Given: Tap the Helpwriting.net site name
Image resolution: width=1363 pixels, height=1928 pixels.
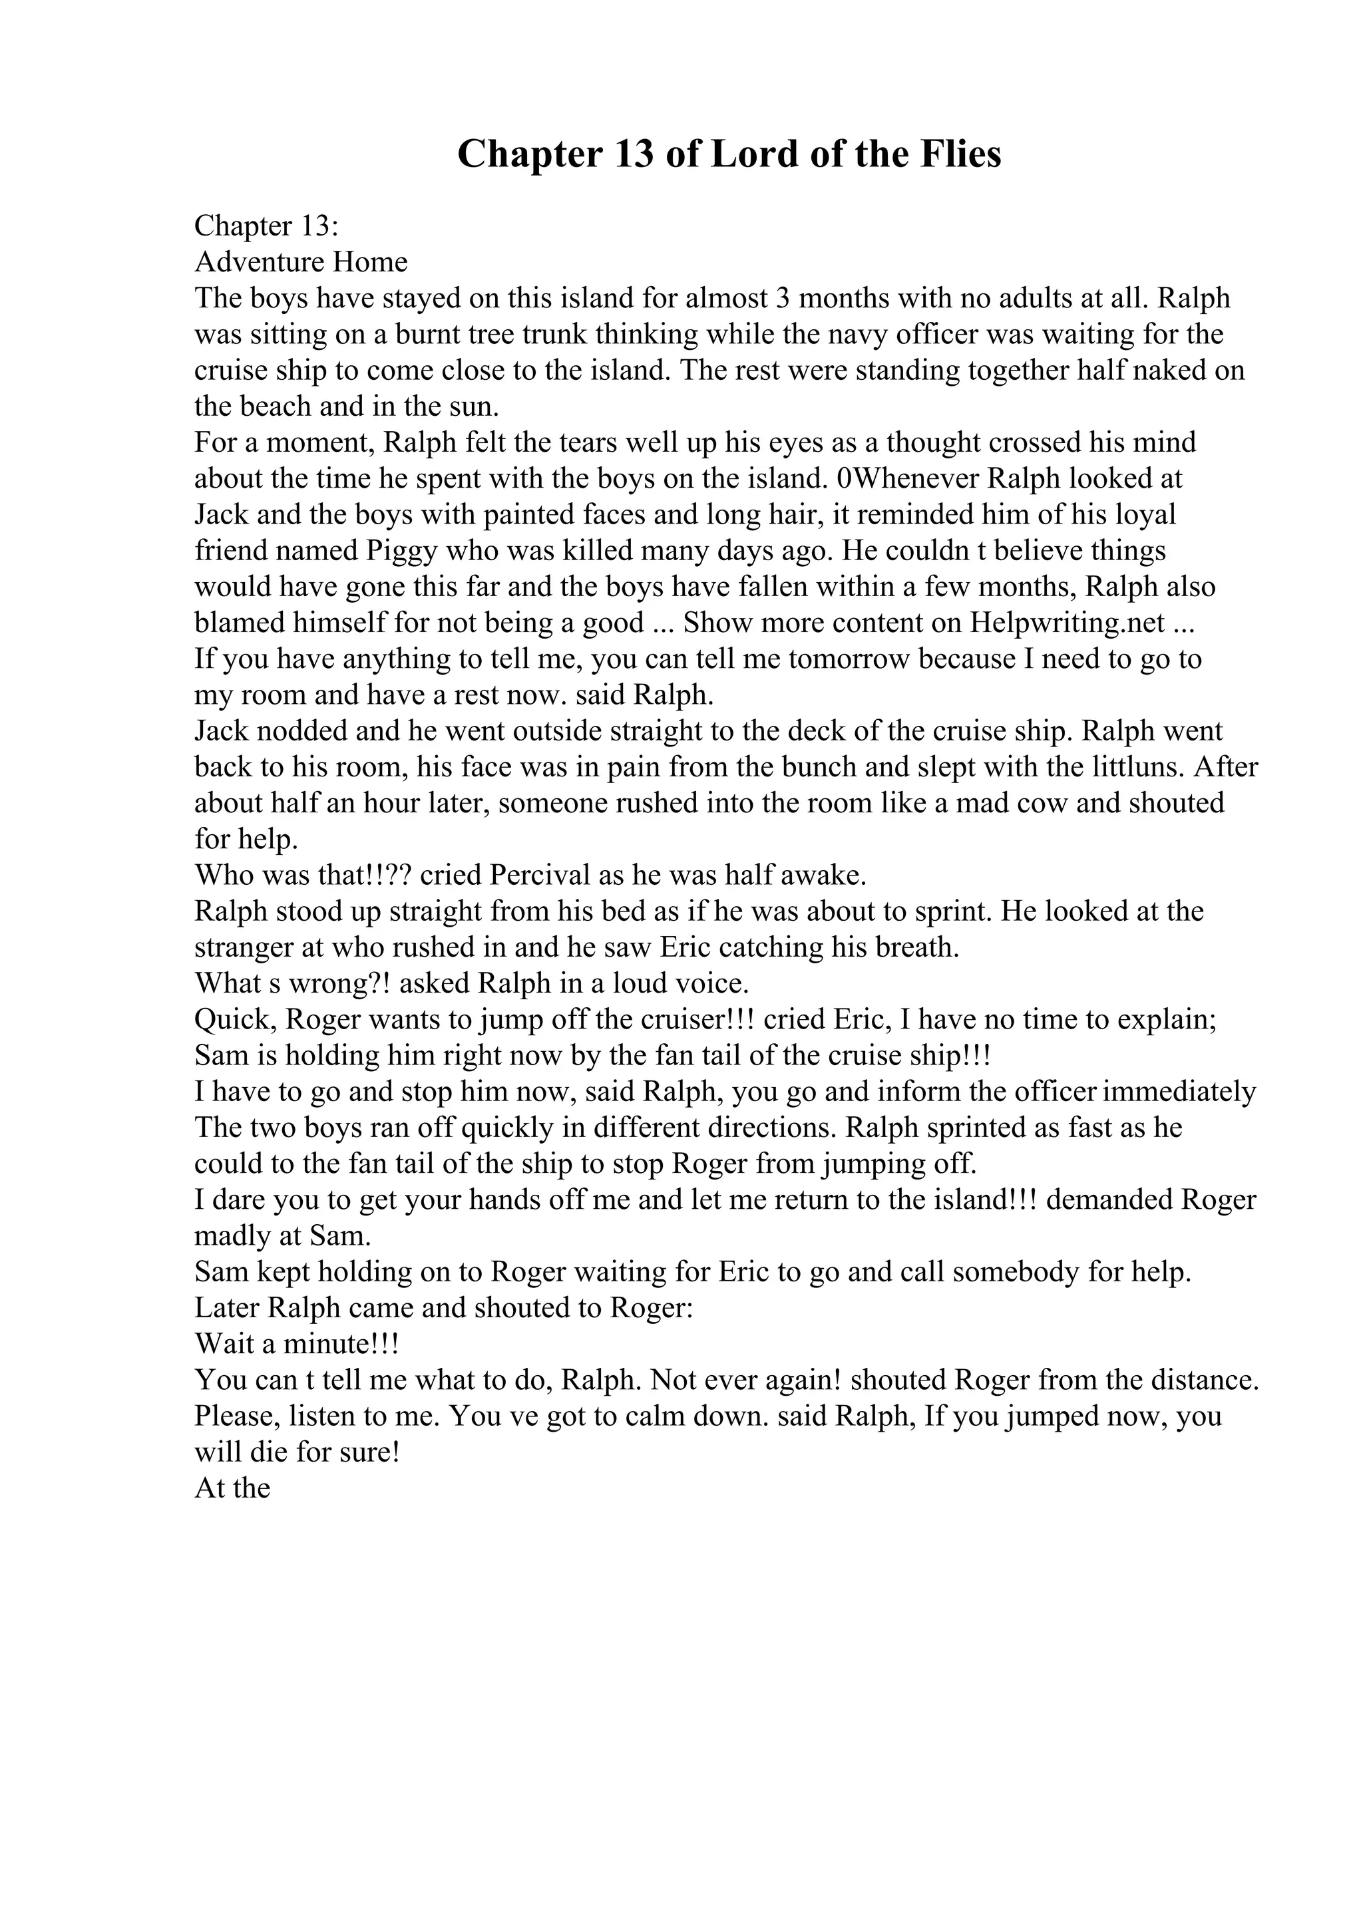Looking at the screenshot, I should [x=1068, y=623].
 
